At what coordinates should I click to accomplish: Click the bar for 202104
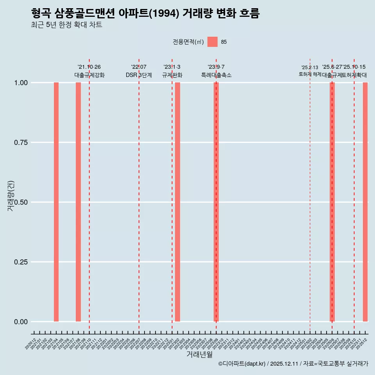click(x=56, y=202)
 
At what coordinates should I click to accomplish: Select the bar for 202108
click(x=78, y=202)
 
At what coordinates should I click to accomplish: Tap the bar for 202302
click(x=177, y=202)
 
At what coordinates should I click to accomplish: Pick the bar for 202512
click(x=365, y=202)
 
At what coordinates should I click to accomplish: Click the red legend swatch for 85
click(x=212, y=42)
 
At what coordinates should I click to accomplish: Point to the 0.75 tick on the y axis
click(x=20, y=142)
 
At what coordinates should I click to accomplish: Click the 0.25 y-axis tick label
click(x=20, y=262)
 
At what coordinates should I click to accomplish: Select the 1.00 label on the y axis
click(x=20, y=82)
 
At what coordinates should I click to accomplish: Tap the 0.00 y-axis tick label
click(x=20, y=321)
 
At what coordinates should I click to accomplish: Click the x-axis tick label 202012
click(x=31, y=344)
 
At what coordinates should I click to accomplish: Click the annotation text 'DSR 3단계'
click(x=139, y=75)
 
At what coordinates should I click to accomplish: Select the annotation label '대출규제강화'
click(x=89, y=75)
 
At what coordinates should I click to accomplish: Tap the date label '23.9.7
click(x=216, y=67)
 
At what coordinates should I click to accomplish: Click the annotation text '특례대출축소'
click(x=216, y=75)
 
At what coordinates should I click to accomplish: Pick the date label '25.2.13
click(x=310, y=68)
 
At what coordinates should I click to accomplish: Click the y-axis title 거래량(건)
click(x=11, y=196)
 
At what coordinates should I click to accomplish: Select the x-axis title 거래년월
click(x=199, y=355)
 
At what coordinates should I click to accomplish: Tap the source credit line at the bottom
click(x=293, y=364)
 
